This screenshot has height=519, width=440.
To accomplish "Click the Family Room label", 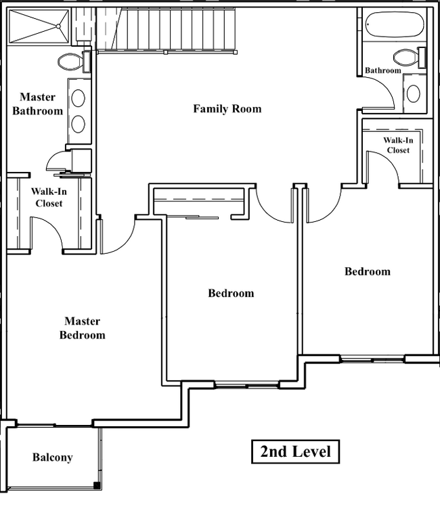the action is tap(227, 108).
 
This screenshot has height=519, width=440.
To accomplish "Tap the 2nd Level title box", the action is tap(295, 451).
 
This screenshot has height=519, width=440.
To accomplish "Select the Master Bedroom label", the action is tap(83, 328).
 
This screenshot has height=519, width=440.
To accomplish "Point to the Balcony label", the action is tap(53, 457).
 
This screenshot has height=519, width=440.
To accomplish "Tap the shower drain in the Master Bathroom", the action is tap(58, 26).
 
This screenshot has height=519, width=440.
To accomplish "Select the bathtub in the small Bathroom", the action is tap(395, 24).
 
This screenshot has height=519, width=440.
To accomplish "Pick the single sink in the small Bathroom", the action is tap(413, 93).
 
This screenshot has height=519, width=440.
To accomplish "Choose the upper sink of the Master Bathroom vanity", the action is tap(78, 98).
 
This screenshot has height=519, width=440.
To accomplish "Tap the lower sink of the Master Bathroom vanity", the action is tap(78, 124).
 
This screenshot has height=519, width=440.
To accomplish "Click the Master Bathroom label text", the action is tap(37, 104).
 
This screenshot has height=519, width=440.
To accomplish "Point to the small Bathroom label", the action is tap(383, 70).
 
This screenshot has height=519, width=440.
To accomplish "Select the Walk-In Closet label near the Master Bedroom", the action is tap(49, 198).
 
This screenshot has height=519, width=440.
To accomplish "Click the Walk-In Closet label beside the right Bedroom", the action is tap(398, 145).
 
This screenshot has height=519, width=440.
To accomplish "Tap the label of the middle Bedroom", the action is tap(231, 293).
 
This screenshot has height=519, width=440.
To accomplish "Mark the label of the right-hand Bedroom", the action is tap(368, 272).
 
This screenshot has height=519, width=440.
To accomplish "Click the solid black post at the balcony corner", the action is tap(97, 486).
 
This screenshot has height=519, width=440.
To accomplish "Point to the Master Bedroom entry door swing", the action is tap(118, 236).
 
